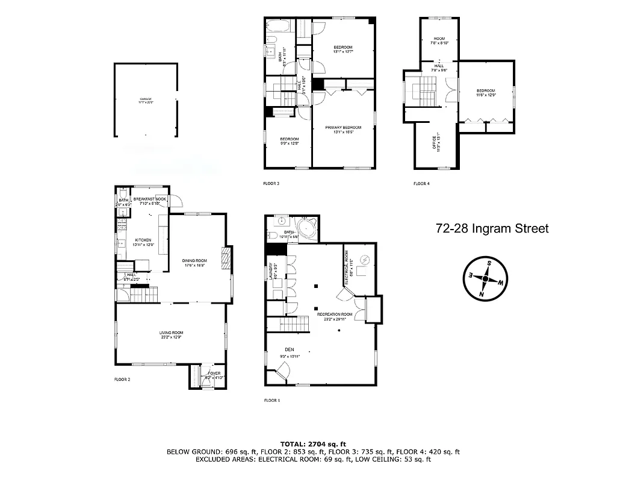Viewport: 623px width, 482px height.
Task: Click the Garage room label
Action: tap(146, 101)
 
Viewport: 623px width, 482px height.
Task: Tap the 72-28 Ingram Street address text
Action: tap(492, 228)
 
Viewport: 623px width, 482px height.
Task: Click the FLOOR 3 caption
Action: tap(271, 183)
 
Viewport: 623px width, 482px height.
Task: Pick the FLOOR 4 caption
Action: tap(421, 183)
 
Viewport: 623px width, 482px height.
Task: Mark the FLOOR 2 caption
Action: tap(122, 380)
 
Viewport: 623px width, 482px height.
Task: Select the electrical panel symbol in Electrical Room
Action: tap(364, 261)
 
